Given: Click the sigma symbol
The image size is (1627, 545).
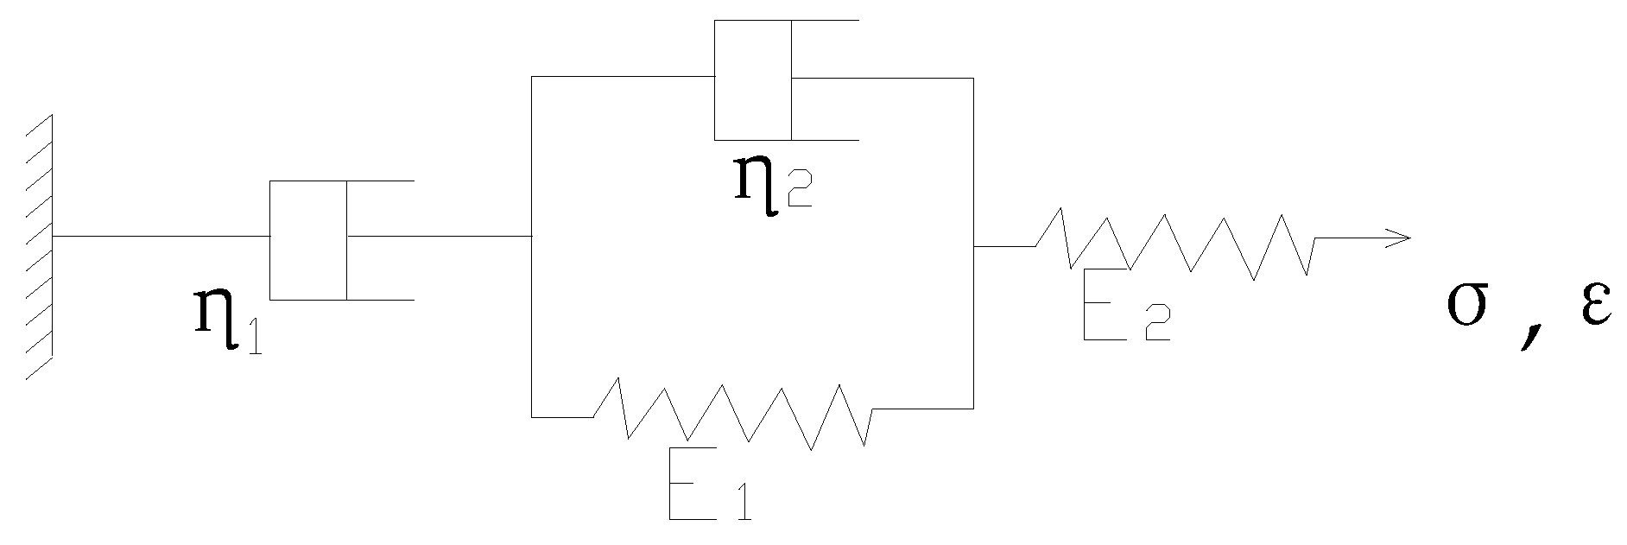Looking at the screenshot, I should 1469,307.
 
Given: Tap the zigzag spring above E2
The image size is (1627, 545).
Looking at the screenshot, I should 1174,244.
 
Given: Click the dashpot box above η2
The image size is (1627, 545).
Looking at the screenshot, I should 753,79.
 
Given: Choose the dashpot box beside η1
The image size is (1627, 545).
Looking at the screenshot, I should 308,240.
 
